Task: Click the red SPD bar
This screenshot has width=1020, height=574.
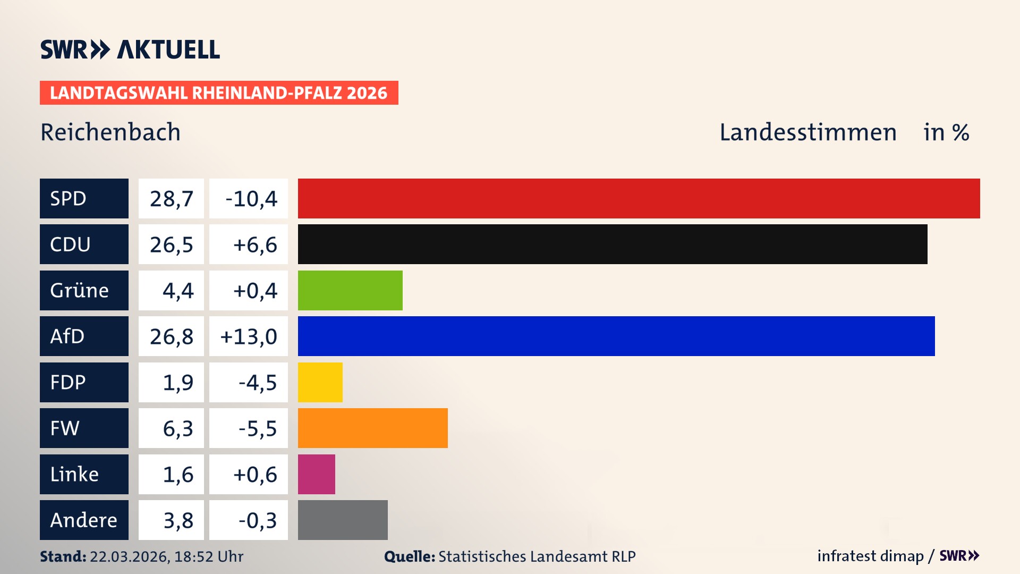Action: point(639,198)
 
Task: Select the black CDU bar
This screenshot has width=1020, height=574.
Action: point(612,244)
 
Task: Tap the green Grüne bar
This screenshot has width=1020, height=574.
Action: point(350,290)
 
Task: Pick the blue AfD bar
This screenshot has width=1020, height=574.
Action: point(616,336)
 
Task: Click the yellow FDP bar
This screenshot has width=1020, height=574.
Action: point(320,382)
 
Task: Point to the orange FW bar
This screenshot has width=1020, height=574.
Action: point(372,428)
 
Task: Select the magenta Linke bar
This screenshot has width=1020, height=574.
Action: point(316,474)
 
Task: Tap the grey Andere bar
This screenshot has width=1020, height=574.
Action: point(343,520)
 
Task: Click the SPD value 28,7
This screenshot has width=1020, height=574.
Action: point(171,199)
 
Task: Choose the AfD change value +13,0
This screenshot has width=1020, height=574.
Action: point(249,336)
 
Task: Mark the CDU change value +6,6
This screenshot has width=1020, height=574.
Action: point(254,244)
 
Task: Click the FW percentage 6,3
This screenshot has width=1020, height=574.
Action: point(177,428)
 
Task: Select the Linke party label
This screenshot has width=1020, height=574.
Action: point(74,474)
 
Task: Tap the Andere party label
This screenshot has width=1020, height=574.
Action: point(83,520)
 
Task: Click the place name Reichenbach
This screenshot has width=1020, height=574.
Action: point(110,132)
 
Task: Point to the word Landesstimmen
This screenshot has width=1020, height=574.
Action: point(807,132)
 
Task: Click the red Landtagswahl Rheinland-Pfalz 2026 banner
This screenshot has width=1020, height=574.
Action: point(219,92)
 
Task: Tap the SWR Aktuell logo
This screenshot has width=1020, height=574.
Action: point(130,49)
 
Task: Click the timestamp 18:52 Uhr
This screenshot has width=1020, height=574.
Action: point(209,556)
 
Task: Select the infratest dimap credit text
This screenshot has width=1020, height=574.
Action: point(870,556)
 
